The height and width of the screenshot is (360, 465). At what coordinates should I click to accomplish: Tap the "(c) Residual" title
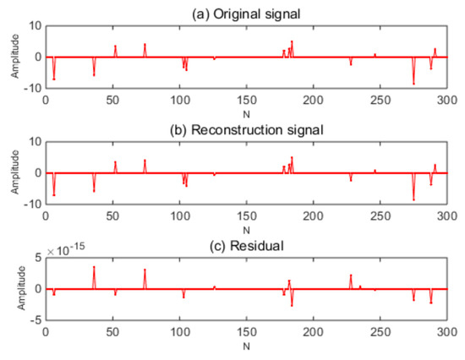245,243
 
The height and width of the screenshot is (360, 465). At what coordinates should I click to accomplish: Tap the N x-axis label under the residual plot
245,346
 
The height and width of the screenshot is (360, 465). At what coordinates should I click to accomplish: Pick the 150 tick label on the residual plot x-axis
246,333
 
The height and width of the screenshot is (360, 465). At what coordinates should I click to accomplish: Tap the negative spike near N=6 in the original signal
54,79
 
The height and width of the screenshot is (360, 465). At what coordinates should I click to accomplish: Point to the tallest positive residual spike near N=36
94,267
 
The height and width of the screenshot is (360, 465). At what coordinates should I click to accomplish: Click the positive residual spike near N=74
145,270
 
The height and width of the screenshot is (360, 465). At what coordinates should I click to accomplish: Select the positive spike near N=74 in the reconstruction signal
145,160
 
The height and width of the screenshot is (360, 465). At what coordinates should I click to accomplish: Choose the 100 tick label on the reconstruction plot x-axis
179,217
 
